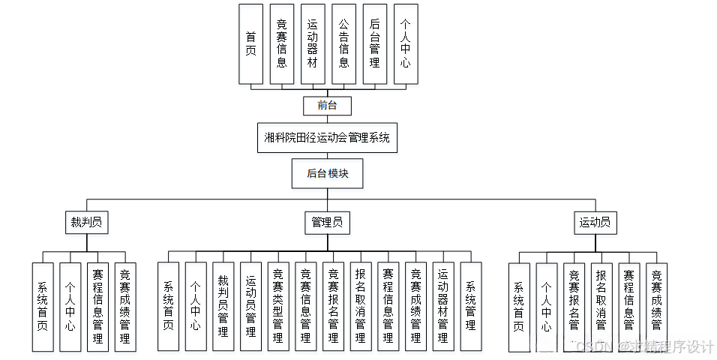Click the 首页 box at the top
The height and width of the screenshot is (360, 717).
[250, 43]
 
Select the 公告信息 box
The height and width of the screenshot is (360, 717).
[343, 43]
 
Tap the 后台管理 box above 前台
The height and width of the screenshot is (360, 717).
[374, 43]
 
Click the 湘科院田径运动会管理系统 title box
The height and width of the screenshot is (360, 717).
[327, 138]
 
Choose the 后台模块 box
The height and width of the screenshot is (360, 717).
[328, 173]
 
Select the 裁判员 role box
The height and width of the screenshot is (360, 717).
[86, 222]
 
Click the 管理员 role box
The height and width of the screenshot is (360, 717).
[328, 222]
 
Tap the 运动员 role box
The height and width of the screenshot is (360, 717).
[595, 222]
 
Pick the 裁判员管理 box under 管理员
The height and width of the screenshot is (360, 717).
[223, 306]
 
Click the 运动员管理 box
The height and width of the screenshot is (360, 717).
[250, 306]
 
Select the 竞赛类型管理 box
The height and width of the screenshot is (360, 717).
[278, 306]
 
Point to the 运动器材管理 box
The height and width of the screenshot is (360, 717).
[443, 306]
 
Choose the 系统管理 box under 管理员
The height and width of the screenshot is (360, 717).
[471, 306]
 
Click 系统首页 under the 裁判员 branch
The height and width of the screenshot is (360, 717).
[43, 307]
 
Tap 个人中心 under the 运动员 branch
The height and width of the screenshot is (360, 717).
[546, 307]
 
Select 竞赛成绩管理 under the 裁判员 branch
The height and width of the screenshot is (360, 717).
[125, 307]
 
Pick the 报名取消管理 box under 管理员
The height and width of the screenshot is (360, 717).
[361, 306]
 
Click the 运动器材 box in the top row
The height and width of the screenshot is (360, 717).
[313, 43]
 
